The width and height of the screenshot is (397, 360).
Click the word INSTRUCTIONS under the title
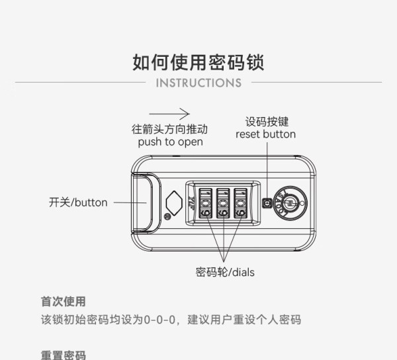198,83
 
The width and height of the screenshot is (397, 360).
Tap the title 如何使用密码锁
198,62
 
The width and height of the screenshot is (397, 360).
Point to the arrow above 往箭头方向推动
169,114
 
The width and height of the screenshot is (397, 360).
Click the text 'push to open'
171,142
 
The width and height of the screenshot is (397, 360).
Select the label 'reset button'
265,134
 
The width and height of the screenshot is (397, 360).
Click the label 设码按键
267,122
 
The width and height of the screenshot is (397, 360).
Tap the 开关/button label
78,202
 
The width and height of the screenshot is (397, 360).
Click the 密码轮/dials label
225,273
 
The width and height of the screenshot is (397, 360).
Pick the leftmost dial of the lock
205,203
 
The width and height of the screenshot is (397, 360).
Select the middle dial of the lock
223,203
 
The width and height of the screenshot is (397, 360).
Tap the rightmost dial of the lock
240,203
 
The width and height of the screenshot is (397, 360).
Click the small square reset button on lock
267,202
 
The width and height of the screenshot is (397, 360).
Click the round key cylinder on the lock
290,203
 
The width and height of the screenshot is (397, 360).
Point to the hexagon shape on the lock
174,203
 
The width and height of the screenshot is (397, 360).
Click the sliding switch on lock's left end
145,202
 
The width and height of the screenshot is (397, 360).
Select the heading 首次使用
64,302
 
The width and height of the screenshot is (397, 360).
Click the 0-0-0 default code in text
159,320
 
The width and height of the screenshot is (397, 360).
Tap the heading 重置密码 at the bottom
64,355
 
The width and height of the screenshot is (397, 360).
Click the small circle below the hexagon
167,216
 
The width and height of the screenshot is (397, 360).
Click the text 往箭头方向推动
169,129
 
